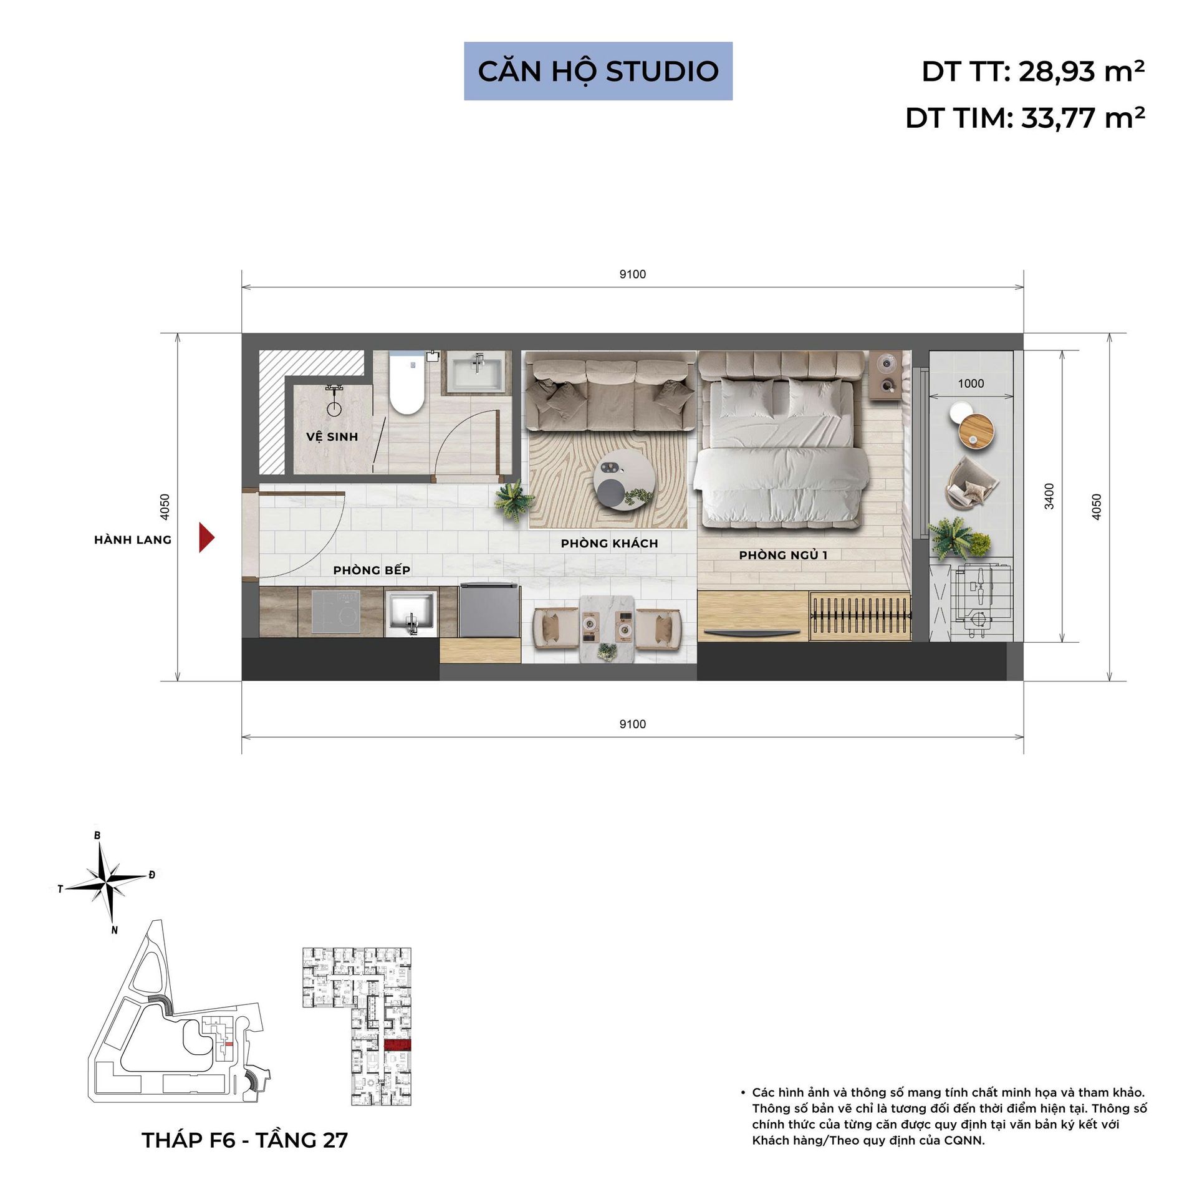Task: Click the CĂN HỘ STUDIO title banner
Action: (x=598, y=71)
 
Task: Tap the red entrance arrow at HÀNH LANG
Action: (x=206, y=537)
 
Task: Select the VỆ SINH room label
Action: (x=332, y=436)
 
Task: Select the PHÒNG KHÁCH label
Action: (x=609, y=544)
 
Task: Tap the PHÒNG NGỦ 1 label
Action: (x=783, y=555)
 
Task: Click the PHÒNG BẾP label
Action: (x=372, y=570)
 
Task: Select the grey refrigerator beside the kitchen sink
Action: (x=489, y=610)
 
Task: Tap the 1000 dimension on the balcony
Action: (x=971, y=383)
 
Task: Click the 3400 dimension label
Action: (x=1050, y=496)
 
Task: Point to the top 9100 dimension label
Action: (x=633, y=274)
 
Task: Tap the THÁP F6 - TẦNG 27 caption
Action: (x=245, y=1140)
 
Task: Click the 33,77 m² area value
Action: (x=1083, y=118)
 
